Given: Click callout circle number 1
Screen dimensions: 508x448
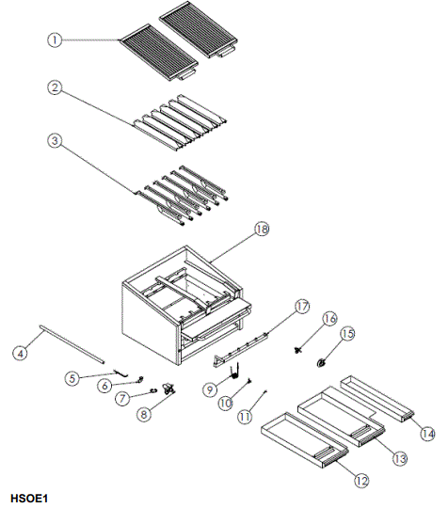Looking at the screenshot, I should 55,40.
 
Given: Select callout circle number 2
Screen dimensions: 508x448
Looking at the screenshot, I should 55,87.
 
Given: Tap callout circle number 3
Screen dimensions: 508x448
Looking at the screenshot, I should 55,141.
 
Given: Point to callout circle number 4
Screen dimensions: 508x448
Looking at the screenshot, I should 20,354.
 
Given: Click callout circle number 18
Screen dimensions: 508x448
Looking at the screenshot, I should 261,230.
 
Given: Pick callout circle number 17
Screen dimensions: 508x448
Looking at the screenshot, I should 301,307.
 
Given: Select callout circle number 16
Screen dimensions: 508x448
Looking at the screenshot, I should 328,318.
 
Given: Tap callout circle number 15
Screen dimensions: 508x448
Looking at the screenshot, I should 347,333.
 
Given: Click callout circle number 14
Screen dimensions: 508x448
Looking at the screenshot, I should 427,434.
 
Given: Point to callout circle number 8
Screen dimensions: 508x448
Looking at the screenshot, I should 145,413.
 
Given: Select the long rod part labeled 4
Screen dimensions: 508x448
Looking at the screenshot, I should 72,341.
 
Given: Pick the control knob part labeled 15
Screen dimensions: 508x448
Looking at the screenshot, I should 323,361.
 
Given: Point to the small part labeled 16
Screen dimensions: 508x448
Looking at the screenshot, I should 300,350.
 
